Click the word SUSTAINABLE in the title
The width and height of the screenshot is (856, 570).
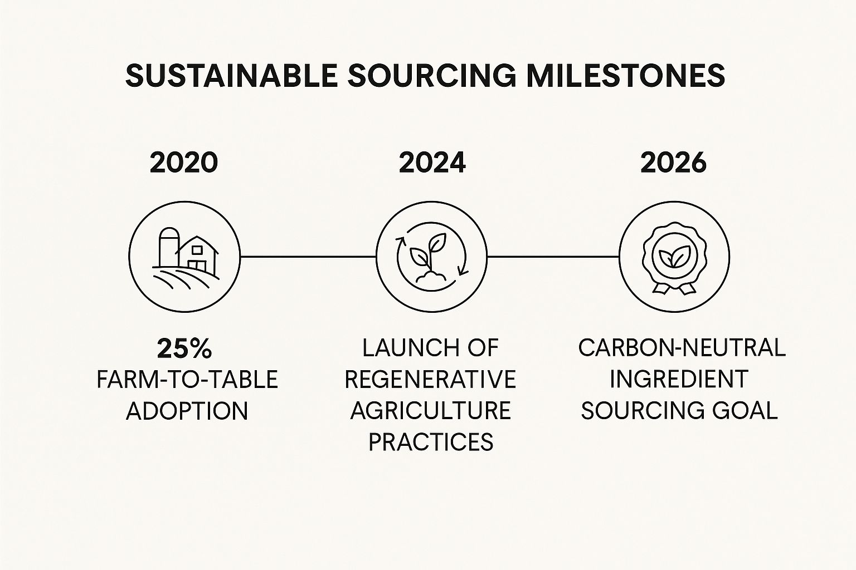[x=231, y=76]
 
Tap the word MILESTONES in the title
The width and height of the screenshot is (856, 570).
[x=625, y=76]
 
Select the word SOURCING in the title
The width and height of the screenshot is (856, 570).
[x=432, y=76]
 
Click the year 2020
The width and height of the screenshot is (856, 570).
[x=184, y=163]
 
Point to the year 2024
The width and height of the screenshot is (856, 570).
[x=432, y=163]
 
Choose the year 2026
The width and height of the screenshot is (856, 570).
[x=673, y=163]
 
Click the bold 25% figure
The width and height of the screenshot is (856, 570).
[x=184, y=349]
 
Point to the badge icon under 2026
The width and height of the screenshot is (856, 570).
[x=674, y=258]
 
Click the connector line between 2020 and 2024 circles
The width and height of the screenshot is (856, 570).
[x=308, y=257]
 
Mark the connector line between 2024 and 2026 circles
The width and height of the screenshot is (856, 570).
[x=553, y=257]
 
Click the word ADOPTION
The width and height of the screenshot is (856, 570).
[x=187, y=411]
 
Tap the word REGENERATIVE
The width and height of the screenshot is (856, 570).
[x=430, y=379]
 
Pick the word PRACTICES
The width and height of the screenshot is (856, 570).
[x=431, y=442]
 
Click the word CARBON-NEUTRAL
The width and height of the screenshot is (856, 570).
[x=682, y=348]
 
